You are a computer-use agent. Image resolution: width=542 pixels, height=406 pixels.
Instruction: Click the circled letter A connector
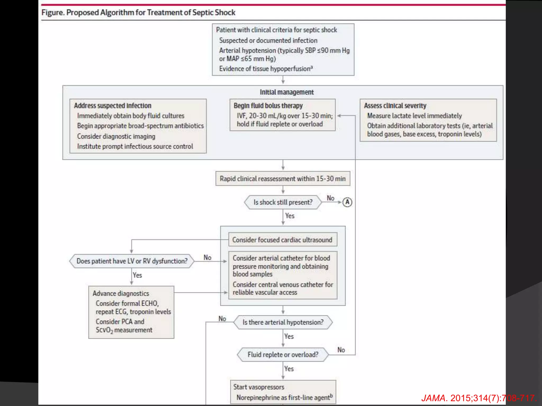[x=347, y=202]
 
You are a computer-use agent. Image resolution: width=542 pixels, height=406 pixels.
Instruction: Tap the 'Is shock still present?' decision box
[x=283, y=202]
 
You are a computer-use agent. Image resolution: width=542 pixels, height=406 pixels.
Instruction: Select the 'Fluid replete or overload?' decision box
[x=283, y=354]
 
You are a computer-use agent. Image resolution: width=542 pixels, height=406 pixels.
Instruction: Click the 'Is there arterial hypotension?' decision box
[x=283, y=322]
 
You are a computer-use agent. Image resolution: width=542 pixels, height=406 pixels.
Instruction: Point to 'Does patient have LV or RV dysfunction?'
[x=132, y=261]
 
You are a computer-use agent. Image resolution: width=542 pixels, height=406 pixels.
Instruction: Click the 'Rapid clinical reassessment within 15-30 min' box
[x=283, y=179]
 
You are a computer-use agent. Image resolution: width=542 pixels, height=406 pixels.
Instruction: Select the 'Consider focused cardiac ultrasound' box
[x=282, y=240]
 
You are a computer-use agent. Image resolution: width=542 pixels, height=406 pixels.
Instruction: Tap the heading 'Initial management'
[x=287, y=92]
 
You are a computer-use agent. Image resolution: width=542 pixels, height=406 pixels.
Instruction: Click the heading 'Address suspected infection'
[x=112, y=106]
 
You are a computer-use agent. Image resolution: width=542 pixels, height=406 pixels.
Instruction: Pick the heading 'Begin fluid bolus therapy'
[x=268, y=106]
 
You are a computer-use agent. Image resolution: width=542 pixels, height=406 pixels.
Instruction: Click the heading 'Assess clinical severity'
[x=395, y=106]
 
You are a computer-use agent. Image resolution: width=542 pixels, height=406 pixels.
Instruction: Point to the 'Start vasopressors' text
[x=259, y=387]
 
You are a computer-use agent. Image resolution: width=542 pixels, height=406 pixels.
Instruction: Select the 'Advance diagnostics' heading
[x=121, y=293]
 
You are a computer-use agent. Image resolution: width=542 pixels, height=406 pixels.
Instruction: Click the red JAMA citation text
[x=478, y=398]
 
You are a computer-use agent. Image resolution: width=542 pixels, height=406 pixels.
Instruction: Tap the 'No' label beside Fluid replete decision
[x=341, y=350]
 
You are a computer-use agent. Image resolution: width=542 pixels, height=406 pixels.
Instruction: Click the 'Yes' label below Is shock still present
[x=290, y=216]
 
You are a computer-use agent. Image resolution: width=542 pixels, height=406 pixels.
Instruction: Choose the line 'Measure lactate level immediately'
[x=414, y=116]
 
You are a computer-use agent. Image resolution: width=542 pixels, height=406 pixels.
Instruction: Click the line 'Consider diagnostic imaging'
[x=116, y=136]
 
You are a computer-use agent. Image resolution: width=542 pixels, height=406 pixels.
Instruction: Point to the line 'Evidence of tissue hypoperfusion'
[x=265, y=69]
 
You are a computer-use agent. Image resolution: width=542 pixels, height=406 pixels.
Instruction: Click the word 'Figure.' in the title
[x=53, y=12]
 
